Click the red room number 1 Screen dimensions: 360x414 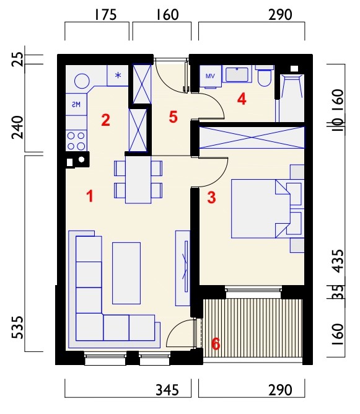click(x=90, y=196)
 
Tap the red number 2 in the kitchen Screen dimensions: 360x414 click(x=105, y=120)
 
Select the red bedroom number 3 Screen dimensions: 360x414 click(x=212, y=198)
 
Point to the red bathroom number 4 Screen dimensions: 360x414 click(x=242, y=100)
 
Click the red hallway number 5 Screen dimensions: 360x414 click(x=173, y=117)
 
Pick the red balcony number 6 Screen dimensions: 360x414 click(x=216, y=344)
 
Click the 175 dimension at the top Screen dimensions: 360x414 click(x=105, y=15)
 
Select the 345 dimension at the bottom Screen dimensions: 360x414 click(x=167, y=390)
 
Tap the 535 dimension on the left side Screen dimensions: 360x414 click(x=18, y=327)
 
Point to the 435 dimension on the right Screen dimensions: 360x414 click(x=338, y=261)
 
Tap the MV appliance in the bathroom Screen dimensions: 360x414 click(x=210, y=76)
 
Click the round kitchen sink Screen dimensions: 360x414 click(x=82, y=81)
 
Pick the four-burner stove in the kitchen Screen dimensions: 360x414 click(x=76, y=141)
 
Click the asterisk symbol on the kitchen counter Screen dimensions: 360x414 click(x=118, y=76)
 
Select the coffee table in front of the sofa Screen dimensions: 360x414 click(x=126, y=273)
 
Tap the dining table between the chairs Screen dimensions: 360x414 click(x=138, y=180)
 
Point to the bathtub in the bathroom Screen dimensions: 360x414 click(x=291, y=98)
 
